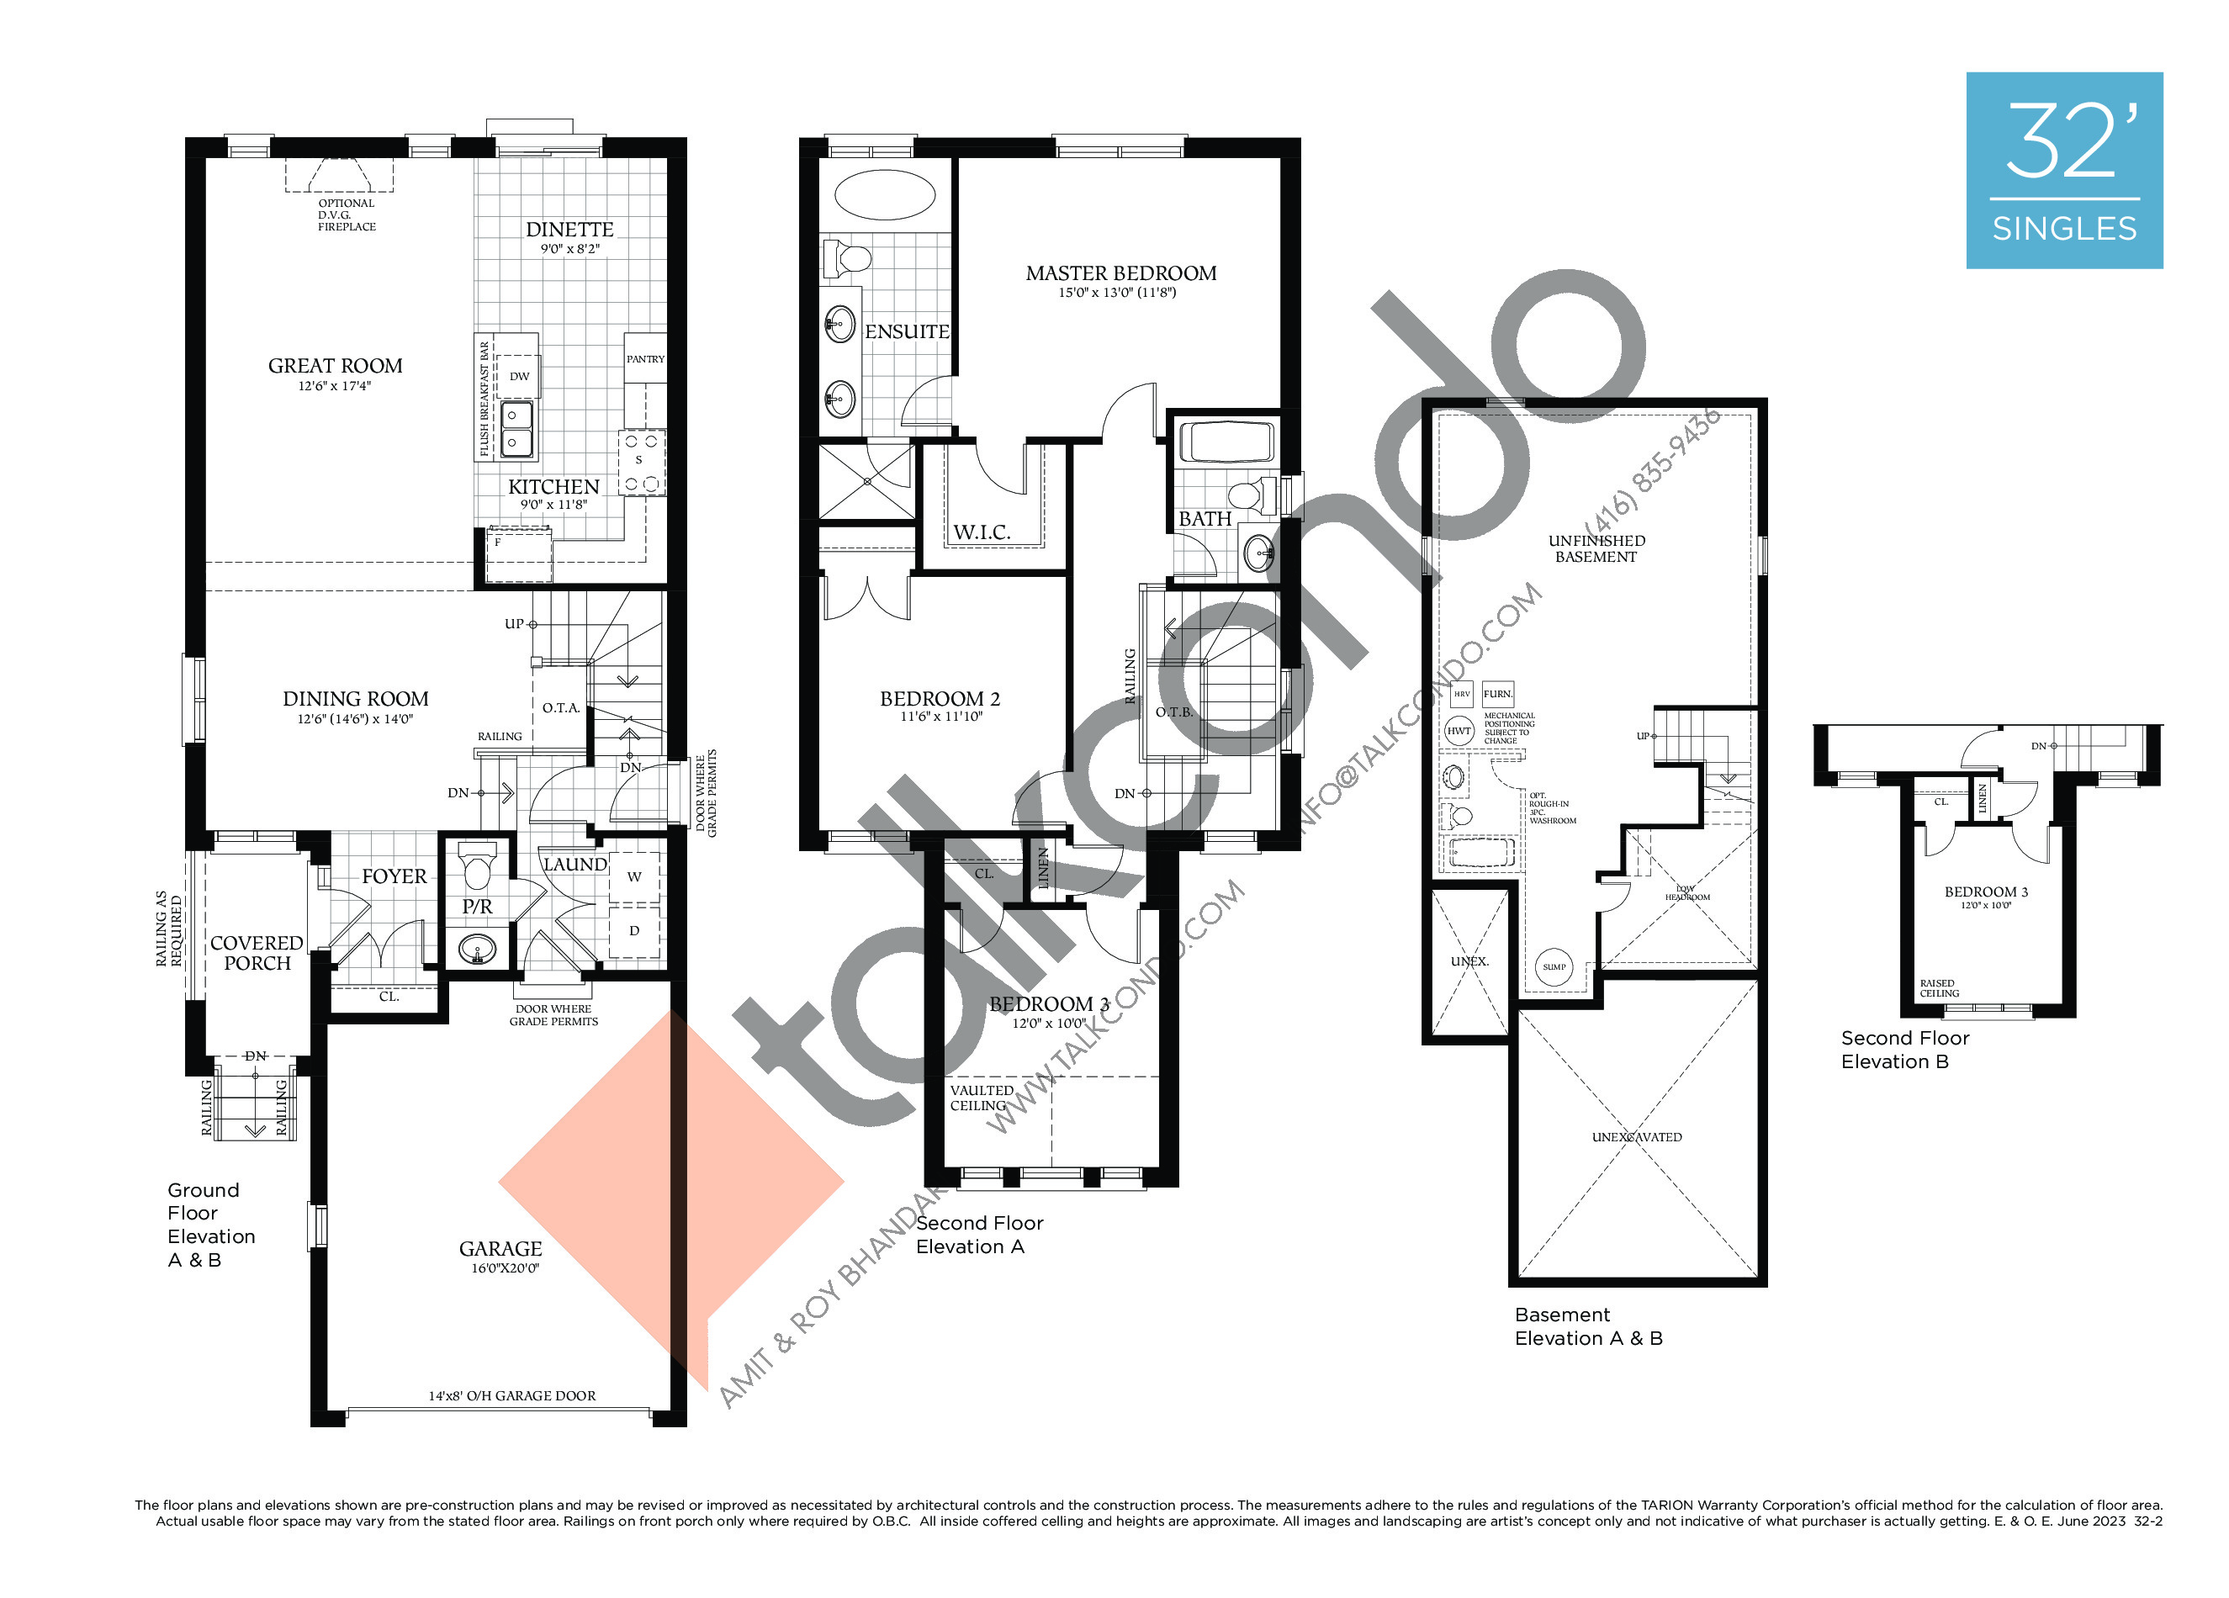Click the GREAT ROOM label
click(x=335, y=367)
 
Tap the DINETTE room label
click(x=569, y=230)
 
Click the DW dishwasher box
click(x=519, y=377)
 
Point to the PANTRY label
click(x=646, y=360)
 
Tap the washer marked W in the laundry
click(x=634, y=876)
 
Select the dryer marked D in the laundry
click(x=634, y=931)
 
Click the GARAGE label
click(x=500, y=1249)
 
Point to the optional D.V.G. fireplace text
click(x=346, y=215)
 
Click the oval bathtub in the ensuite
click(x=885, y=194)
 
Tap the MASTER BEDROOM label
click(x=1120, y=274)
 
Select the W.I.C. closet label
click(x=981, y=532)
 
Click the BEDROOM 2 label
click(x=940, y=699)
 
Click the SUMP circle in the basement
click(x=1554, y=967)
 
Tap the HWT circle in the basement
click(x=1459, y=731)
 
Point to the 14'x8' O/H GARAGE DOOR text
click(x=512, y=1395)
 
